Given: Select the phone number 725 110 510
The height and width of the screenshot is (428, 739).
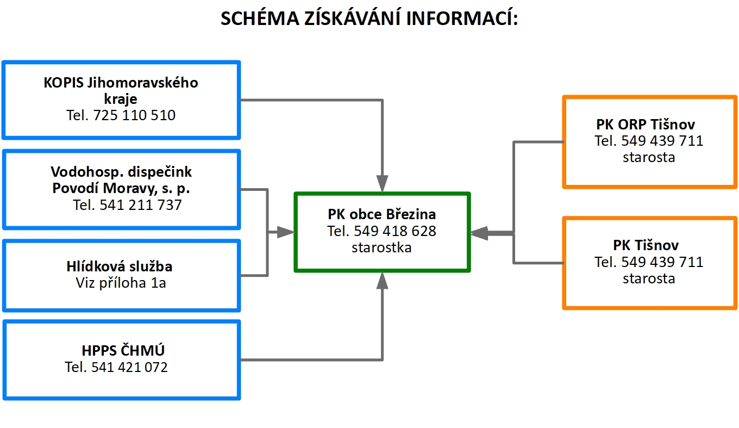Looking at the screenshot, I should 134,115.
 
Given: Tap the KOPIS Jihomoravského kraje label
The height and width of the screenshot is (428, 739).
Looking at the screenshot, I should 121,91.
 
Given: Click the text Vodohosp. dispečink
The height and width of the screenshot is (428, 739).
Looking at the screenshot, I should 121,172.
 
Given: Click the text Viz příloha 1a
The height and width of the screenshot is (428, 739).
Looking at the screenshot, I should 121,283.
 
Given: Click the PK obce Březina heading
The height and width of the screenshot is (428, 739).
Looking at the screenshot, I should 381,214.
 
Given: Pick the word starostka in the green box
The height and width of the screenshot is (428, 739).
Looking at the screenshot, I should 381,247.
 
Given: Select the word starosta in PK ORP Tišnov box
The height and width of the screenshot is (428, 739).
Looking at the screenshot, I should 649,158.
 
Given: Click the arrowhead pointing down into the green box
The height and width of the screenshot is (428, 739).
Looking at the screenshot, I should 383,183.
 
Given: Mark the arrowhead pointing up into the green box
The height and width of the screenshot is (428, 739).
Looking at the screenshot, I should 383,280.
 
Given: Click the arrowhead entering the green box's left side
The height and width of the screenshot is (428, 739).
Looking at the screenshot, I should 286,232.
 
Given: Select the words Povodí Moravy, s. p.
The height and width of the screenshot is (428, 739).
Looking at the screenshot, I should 121,188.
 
